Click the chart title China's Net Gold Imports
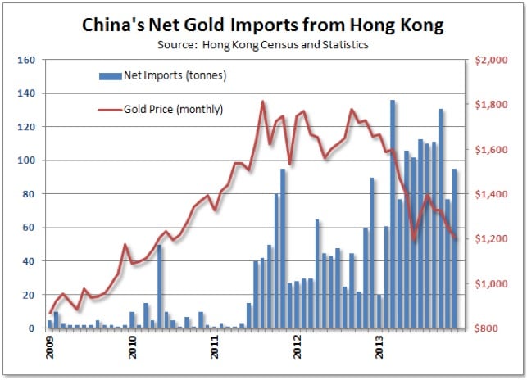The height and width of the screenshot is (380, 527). (x=263, y=25)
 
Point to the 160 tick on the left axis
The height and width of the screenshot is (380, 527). (x=25, y=61)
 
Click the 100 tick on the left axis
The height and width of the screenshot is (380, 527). (x=25, y=161)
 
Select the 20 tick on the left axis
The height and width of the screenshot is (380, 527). (x=28, y=295)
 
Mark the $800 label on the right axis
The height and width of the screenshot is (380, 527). (x=493, y=328)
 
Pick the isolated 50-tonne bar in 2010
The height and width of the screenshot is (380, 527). (x=159, y=287)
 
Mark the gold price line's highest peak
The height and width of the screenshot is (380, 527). (x=262, y=102)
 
